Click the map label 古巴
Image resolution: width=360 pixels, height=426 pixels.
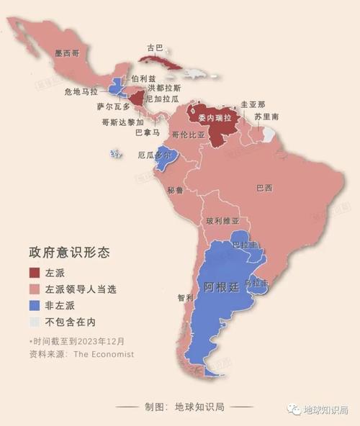pos(155,49)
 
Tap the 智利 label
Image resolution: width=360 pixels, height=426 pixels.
pos(185,296)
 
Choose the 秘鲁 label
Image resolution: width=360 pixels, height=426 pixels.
pos(176,190)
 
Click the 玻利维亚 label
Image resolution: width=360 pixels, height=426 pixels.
pos(222,221)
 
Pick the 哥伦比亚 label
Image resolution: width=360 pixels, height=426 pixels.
pos(189,135)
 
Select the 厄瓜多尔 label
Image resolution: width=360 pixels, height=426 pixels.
pos(154,155)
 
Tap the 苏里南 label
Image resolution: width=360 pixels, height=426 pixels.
pos(271,117)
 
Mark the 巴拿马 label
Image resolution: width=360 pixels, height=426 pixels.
pos(145,132)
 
